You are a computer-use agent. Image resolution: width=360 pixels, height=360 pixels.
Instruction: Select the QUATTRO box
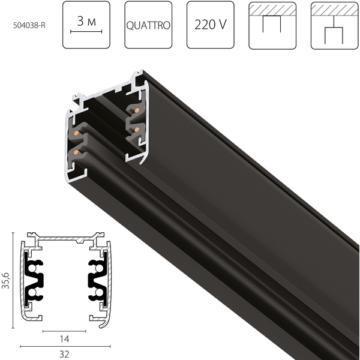point(148,25)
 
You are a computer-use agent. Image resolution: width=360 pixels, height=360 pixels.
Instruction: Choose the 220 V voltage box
point(210,25)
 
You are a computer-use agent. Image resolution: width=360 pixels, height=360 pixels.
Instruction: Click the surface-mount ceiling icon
point(272,25)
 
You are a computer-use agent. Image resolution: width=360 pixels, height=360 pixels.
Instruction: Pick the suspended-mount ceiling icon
point(334,25)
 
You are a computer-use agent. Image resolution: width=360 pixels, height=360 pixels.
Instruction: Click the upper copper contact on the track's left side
point(77,133)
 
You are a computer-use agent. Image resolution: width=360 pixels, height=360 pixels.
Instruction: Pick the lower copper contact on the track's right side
point(137,130)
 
